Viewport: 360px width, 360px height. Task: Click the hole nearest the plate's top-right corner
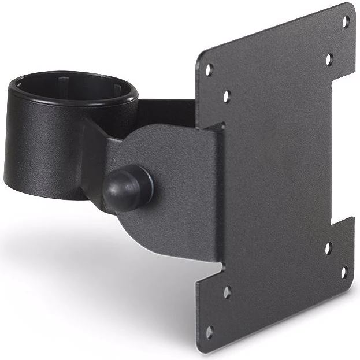click(346, 22)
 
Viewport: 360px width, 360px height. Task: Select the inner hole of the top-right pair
click(329, 59)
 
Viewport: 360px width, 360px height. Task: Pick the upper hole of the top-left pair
click(209, 69)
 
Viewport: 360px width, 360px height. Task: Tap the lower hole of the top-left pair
click(227, 96)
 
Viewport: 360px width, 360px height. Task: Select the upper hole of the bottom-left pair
click(227, 292)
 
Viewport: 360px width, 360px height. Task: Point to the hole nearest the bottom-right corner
click(344, 272)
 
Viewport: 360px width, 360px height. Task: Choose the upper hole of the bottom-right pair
click(328, 248)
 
